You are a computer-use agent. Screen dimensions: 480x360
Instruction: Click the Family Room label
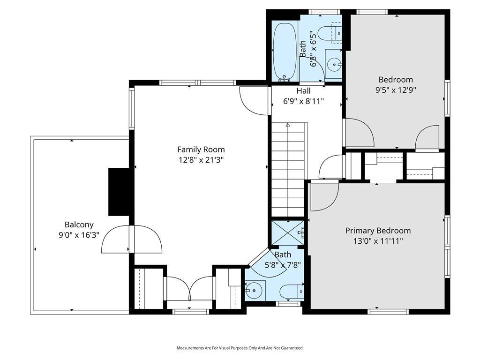(x=201, y=150)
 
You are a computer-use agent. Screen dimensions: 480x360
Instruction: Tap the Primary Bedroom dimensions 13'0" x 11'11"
(x=378, y=241)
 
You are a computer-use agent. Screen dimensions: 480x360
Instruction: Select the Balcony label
(x=79, y=225)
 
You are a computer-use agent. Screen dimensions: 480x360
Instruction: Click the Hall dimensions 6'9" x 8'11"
(x=303, y=101)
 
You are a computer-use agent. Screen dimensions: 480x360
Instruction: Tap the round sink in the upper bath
(x=334, y=65)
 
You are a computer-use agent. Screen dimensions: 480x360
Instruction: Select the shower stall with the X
(x=288, y=232)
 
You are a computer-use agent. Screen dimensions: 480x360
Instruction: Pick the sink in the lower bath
(x=255, y=290)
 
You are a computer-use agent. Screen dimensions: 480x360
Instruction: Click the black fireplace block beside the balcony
(x=119, y=192)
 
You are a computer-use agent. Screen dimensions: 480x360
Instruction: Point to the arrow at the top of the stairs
(x=287, y=125)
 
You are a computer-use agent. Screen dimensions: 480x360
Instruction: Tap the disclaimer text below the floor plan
(x=240, y=348)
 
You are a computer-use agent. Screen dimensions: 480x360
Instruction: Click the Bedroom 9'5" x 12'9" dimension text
(x=396, y=90)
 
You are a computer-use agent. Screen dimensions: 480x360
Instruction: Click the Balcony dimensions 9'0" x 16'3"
(x=79, y=235)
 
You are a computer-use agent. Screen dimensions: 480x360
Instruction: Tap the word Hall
(x=303, y=91)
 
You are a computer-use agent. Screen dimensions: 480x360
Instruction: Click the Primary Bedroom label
(x=378, y=231)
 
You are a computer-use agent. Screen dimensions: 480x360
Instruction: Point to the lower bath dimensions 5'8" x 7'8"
(x=283, y=264)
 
